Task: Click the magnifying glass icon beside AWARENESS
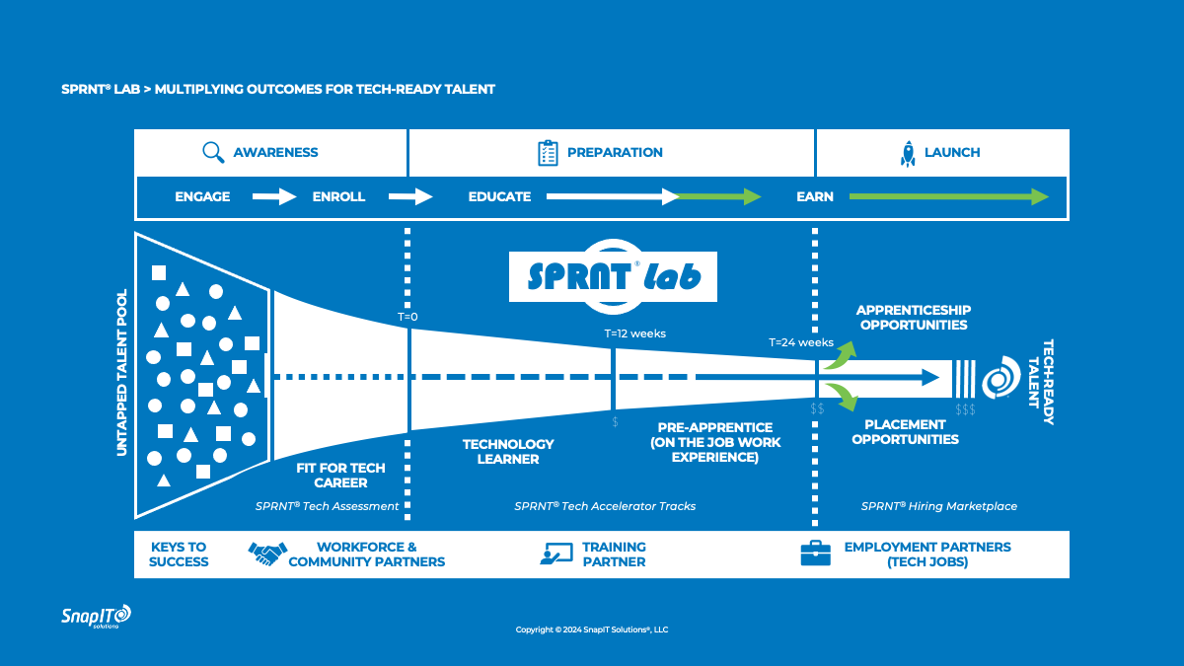coord(213,152)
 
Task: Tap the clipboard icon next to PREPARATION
coord(548,152)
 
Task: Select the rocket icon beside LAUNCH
coord(908,153)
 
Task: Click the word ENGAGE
coord(202,196)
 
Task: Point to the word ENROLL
coord(338,196)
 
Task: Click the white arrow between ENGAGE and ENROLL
coord(274,196)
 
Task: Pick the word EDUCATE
coord(499,196)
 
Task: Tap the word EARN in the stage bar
coord(815,196)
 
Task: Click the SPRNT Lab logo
coord(613,273)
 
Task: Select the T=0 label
coord(407,318)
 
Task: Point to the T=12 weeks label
coord(634,333)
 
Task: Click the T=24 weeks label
coord(801,343)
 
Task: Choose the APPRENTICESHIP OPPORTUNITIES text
coord(913,317)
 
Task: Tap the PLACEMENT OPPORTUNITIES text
coord(905,432)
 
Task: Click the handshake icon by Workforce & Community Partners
coord(267,554)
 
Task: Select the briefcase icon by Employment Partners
coord(814,554)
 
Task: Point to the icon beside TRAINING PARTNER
coord(556,554)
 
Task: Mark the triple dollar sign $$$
coord(965,409)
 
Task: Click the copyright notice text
coord(592,629)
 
